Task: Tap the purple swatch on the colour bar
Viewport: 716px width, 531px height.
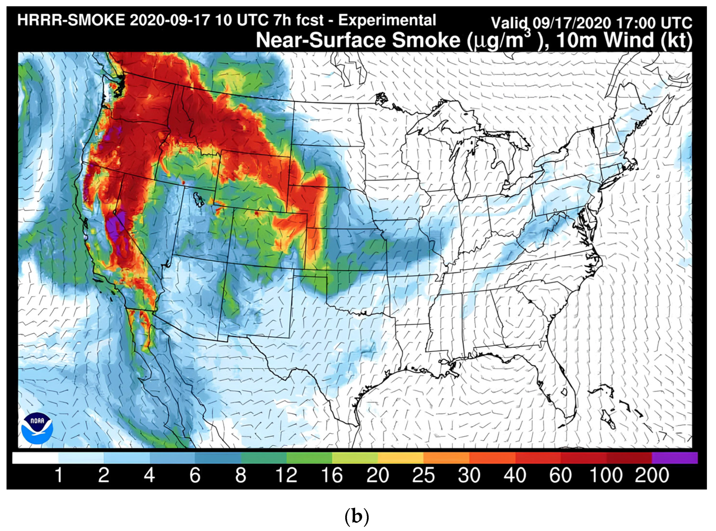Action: [x=675, y=458]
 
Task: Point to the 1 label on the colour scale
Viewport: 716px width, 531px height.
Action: [x=58, y=475]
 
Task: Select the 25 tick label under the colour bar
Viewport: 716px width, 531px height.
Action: [x=423, y=475]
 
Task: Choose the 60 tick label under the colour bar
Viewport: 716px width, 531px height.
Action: [x=560, y=475]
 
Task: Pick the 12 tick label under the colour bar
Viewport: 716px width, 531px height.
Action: [x=286, y=475]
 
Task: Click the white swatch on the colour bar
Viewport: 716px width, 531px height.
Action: [x=35, y=458]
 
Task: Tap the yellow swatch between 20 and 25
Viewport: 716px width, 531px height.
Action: [x=400, y=458]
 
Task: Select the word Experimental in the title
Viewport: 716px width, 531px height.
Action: [x=387, y=21]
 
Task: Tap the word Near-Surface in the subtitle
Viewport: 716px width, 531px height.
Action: [x=322, y=41]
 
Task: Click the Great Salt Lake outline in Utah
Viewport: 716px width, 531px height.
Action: [x=199, y=199]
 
